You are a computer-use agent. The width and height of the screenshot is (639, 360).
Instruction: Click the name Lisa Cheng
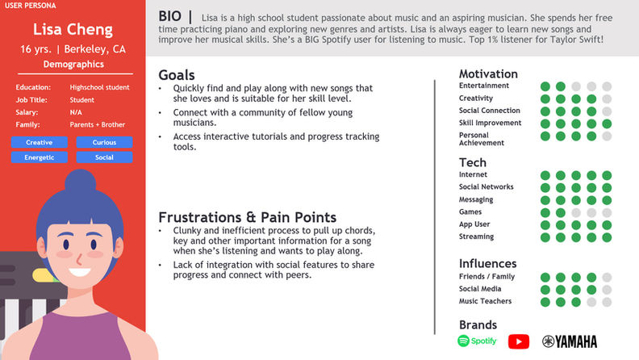73,29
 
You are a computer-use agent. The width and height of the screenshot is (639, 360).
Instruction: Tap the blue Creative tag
39,142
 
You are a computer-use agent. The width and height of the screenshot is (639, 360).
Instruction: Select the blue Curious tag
104,142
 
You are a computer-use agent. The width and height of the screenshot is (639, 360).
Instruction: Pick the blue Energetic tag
39,157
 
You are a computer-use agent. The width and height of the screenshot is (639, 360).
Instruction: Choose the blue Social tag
104,157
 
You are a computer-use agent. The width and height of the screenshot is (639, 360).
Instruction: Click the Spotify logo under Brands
477,341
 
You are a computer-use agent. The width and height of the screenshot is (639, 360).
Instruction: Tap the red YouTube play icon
519,341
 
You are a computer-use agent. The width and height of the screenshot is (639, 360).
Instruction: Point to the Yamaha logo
570,341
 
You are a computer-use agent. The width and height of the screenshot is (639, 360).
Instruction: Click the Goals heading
177,75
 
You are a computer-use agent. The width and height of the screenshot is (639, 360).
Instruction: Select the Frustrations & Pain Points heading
248,217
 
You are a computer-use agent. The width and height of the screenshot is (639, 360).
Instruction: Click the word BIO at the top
170,16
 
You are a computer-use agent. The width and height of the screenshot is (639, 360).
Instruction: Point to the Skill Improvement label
490,123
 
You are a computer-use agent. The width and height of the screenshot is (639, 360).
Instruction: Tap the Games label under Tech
470,211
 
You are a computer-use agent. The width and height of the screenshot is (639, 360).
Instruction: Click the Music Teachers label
485,301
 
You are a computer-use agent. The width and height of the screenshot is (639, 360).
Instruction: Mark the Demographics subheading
73,65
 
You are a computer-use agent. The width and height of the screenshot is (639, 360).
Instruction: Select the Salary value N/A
76,112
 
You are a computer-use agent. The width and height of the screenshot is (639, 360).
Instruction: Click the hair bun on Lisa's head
81,182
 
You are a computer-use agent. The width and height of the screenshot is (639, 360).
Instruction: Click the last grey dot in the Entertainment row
607,86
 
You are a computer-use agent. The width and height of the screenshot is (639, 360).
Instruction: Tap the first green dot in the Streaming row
545,237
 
